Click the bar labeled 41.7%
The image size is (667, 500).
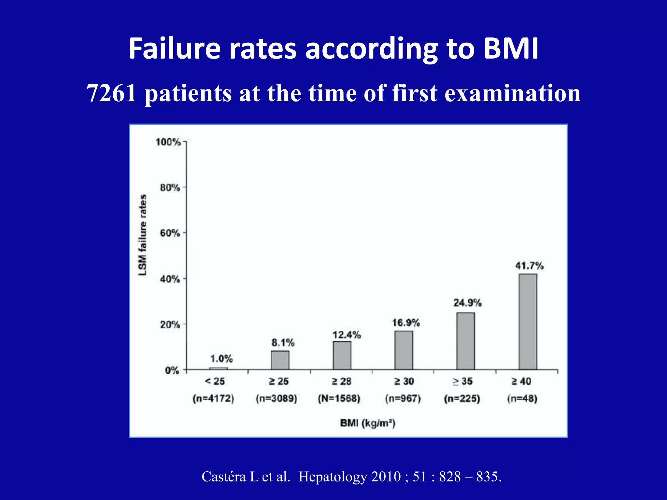coord(528,322)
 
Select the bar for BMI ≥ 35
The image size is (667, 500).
coord(465,341)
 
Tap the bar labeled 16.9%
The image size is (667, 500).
coord(404,350)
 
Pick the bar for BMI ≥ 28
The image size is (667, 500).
coord(342,355)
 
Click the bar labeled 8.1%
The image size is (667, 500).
coord(280,360)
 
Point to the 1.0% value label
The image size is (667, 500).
coord(221,359)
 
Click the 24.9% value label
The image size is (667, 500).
coord(467,303)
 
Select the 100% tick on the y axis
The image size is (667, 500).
coord(168,142)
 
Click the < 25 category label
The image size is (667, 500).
coord(215,381)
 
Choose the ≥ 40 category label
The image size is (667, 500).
coord(521,381)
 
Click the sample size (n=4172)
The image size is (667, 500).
coord(213,398)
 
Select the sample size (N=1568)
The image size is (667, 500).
coord(339,398)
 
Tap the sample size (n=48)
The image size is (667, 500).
coord(522,398)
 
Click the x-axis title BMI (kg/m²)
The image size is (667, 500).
coord(368,423)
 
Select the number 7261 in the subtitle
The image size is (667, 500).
coord(112,93)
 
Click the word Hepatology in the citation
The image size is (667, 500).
coord(333,477)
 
